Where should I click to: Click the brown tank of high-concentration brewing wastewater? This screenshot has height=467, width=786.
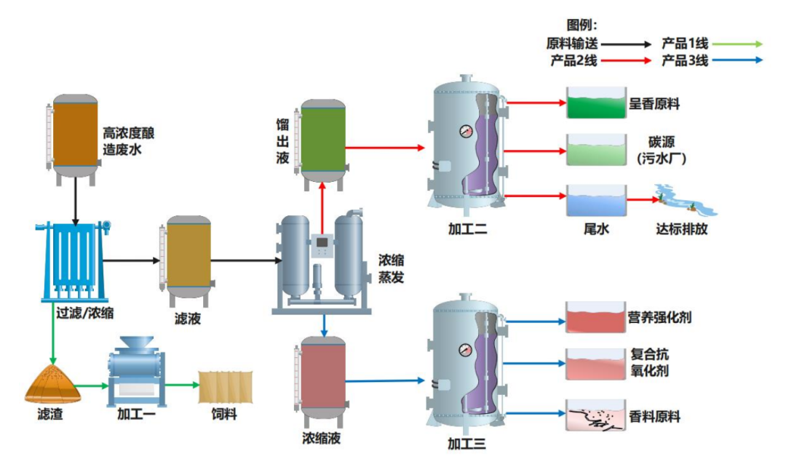71,135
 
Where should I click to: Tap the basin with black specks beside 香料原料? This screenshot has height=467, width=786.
595,415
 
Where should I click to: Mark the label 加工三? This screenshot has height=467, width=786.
467,444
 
